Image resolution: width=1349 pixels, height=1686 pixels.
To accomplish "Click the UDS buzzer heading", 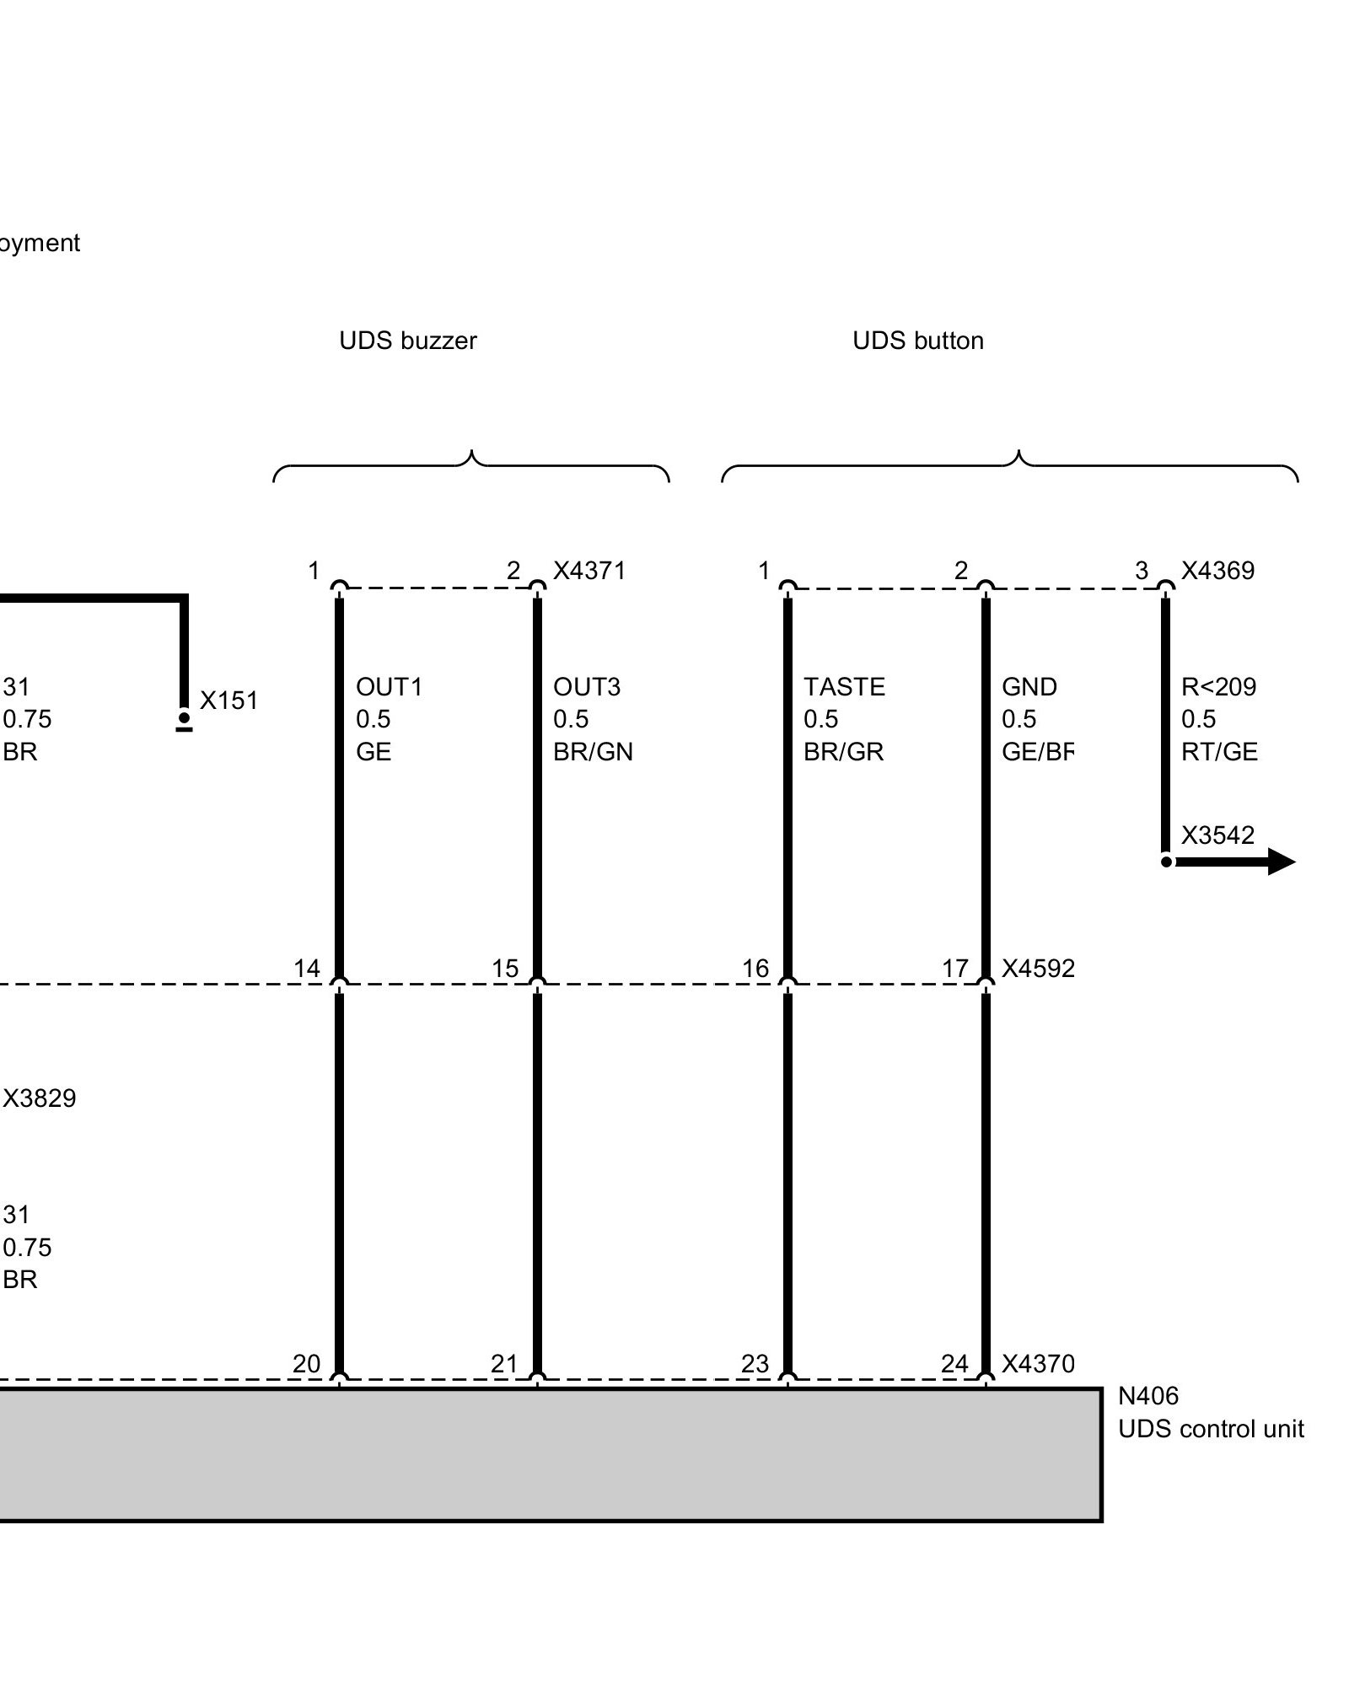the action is [x=407, y=341].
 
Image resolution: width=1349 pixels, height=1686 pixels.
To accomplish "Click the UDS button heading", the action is [x=917, y=341].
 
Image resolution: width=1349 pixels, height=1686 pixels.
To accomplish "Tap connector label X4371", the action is [x=589, y=571].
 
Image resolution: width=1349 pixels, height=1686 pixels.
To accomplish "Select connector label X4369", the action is [x=1217, y=571].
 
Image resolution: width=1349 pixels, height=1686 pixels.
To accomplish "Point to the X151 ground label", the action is [x=228, y=701].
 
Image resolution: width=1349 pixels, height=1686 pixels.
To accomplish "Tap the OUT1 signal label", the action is [x=389, y=687].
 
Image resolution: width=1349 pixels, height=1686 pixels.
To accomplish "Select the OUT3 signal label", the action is [x=587, y=687].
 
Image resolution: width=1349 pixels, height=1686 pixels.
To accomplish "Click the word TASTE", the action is [x=844, y=687].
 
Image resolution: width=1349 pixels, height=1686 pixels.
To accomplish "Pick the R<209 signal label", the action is [x=1218, y=687].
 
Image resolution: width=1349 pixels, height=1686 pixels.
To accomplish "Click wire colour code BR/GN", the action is [x=593, y=752].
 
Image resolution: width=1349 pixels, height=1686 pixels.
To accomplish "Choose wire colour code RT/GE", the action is [x=1219, y=752].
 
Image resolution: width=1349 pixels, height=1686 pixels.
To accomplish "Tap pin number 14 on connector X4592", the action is [x=307, y=969].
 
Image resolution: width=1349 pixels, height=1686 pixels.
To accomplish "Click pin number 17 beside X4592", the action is [x=955, y=969].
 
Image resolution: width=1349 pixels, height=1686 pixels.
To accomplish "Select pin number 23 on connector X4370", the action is [x=755, y=1364].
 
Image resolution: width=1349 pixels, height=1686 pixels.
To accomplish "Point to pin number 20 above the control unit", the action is [x=306, y=1364].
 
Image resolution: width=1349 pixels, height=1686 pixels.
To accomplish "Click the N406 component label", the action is [x=1148, y=1396].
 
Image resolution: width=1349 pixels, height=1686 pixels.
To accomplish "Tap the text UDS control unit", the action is [x=1211, y=1429].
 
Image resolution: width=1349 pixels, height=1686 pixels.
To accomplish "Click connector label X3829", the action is [x=40, y=1098].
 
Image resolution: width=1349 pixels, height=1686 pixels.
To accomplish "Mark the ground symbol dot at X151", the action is [x=184, y=717].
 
